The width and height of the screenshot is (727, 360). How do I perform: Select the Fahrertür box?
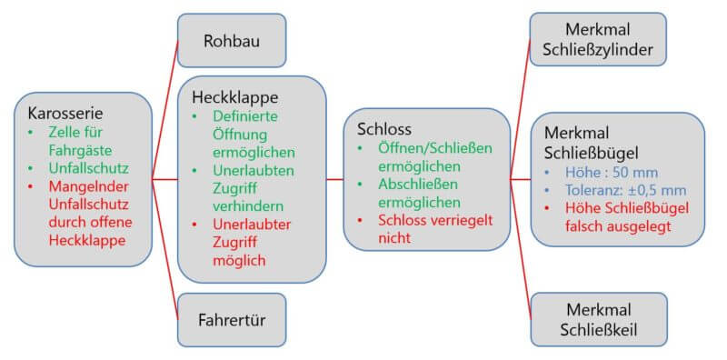pos(231,320)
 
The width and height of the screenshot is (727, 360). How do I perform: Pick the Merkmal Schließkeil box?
pos(597,319)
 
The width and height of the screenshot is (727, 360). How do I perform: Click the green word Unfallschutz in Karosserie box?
pos(79,167)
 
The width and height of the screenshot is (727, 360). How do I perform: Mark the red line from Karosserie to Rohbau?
pos(164,109)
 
